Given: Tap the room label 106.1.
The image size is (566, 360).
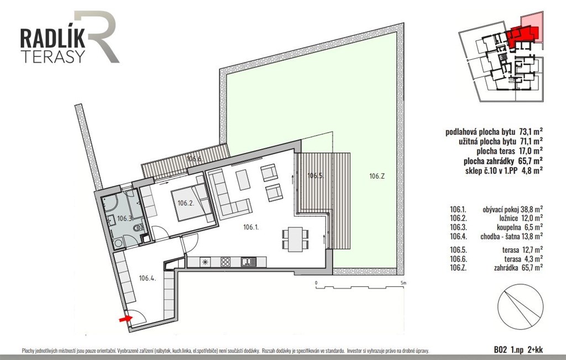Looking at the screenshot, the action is click(x=251, y=227).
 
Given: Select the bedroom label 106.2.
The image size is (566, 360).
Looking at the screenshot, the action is click(x=186, y=203).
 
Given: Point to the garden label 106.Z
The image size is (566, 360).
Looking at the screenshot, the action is click(x=377, y=176).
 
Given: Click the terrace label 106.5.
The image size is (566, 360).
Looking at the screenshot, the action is click(x=315, y=176).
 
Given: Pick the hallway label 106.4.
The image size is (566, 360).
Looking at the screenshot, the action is click(x=147, y=278).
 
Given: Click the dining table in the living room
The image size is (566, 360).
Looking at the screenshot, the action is click(x=295, y=239).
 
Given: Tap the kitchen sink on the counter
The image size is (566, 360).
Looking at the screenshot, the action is click(x=248, y=262).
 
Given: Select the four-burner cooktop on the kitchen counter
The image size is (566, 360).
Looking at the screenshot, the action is click(x=226, y=262).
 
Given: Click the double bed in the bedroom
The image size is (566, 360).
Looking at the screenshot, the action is click(x=192, y=202).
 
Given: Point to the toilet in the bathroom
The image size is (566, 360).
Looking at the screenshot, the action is click(x=138, y=228).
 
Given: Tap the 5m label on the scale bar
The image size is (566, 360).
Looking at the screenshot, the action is click(x=403, y=283).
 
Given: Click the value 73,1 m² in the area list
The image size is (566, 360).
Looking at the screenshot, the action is click(x=531, y=132).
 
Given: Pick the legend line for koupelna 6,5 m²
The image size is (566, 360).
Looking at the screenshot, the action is click(x=496, y=227).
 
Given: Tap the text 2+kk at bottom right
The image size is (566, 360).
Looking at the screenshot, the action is click(x=534, y=349).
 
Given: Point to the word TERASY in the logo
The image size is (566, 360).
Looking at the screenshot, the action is click(x=53, y=56).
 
